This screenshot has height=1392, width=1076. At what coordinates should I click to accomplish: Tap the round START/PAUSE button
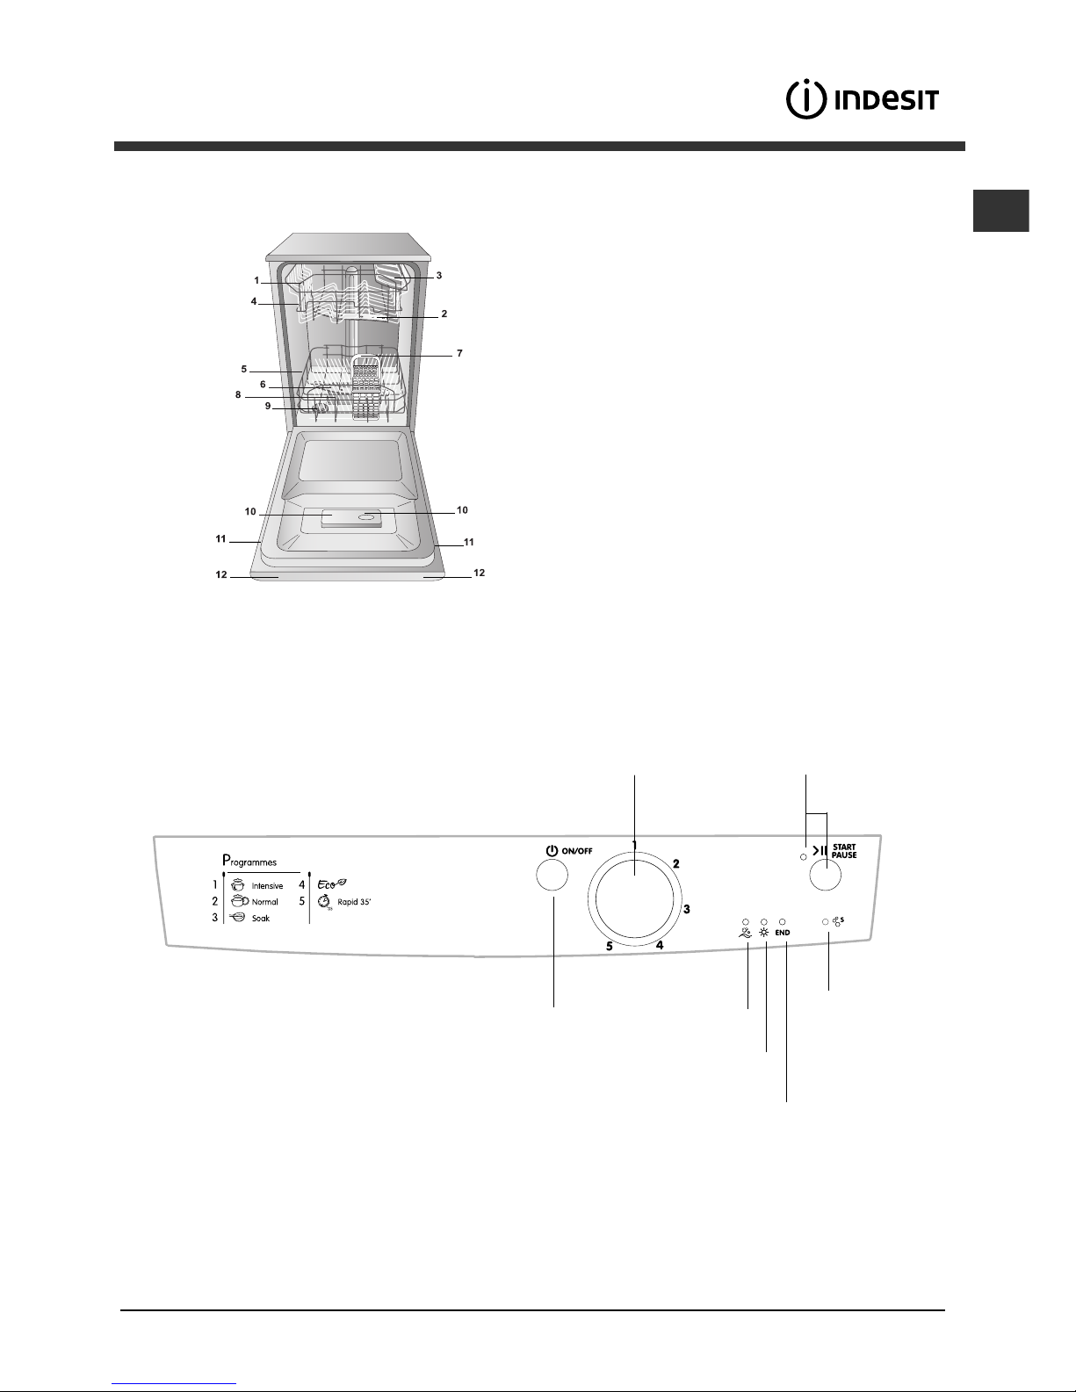pos(825,875)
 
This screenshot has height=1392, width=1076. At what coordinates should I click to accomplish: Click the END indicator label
pos(783,933)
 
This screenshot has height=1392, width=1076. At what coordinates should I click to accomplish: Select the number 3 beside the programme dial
pos(687,909)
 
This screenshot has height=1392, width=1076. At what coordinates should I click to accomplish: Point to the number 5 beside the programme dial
pos(610,946)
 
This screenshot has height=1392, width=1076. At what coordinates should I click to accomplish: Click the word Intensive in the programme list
pos(267,886)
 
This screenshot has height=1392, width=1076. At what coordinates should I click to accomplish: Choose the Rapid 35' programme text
pos(354,902)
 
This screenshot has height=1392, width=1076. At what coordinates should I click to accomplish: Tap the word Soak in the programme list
pos(261,919)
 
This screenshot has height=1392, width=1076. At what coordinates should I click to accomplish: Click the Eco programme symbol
pos(332,884)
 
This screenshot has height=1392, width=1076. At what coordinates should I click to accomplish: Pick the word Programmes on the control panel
pos(249,861)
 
